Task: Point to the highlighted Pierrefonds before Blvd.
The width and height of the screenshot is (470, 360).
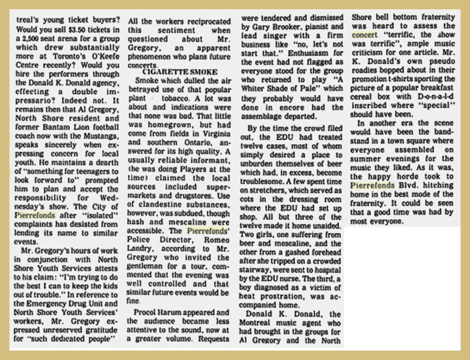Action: pos(373,185)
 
